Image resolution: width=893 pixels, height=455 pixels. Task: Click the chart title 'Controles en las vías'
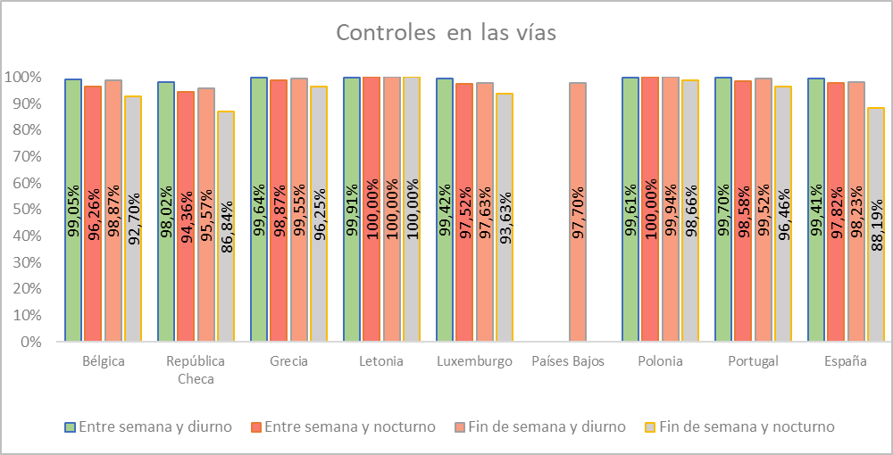coord(446,33)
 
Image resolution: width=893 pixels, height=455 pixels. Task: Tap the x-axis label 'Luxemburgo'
coord(475,361)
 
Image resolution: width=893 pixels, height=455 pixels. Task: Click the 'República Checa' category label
coord(196,369)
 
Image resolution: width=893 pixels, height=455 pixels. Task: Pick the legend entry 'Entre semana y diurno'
coord(155,426)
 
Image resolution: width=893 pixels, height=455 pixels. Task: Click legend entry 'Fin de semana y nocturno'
coord(747,426)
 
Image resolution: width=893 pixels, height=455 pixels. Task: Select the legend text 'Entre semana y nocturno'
coord(346,426)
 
